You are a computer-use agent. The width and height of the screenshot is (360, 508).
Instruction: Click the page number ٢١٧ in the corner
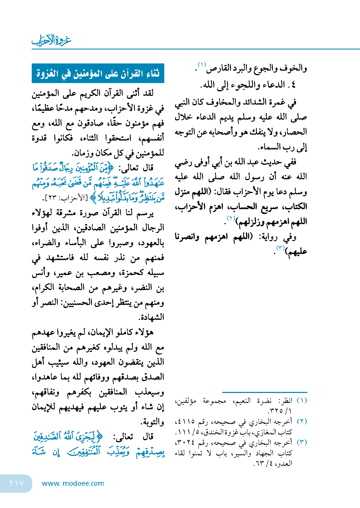coord(17,483)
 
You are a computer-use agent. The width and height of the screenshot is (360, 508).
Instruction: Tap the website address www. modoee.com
coord(73,483)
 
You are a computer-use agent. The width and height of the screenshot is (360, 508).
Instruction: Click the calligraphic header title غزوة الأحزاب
coord(51,40)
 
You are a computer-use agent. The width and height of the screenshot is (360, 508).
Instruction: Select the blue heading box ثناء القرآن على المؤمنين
coord(98,73)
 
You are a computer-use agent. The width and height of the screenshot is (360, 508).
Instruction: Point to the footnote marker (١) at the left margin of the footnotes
coord(302,400)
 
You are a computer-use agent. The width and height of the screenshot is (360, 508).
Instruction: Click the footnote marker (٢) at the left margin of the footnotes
coord(302,421)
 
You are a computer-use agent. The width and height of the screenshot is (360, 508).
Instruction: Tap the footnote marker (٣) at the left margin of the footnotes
coord(302,442)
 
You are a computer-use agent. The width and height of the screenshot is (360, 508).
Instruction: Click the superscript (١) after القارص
coord(202,65)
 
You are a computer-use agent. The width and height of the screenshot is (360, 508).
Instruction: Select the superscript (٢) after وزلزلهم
coord(231,218)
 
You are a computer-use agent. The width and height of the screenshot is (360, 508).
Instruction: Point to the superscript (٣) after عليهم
coord(280,248)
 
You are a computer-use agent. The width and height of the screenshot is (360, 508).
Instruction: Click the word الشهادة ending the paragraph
coord(151,317)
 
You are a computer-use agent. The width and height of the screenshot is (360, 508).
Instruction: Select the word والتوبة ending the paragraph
coord(152,422)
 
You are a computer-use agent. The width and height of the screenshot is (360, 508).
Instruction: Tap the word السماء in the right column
coord(269,147)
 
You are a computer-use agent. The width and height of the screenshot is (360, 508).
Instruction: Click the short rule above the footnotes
coord(265,392)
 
